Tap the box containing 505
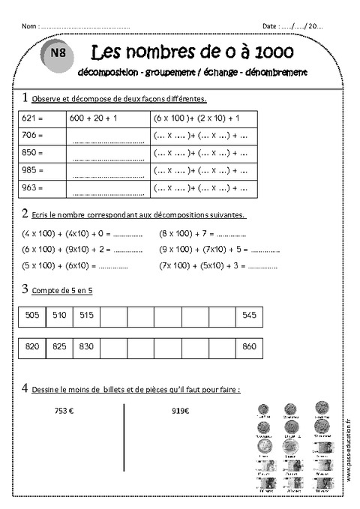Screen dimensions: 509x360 [x=32, y=316]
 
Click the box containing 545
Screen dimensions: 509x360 [x=250, y=316]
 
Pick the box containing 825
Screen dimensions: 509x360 [x=59, y=347]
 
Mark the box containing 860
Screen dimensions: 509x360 [x=250, y=347]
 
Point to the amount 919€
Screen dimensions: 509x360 [x=180, y=411]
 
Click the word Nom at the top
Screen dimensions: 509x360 [x=28, y=25]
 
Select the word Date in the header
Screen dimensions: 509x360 [x=270, y=25]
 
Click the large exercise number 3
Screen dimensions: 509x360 [x=25, y=289]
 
